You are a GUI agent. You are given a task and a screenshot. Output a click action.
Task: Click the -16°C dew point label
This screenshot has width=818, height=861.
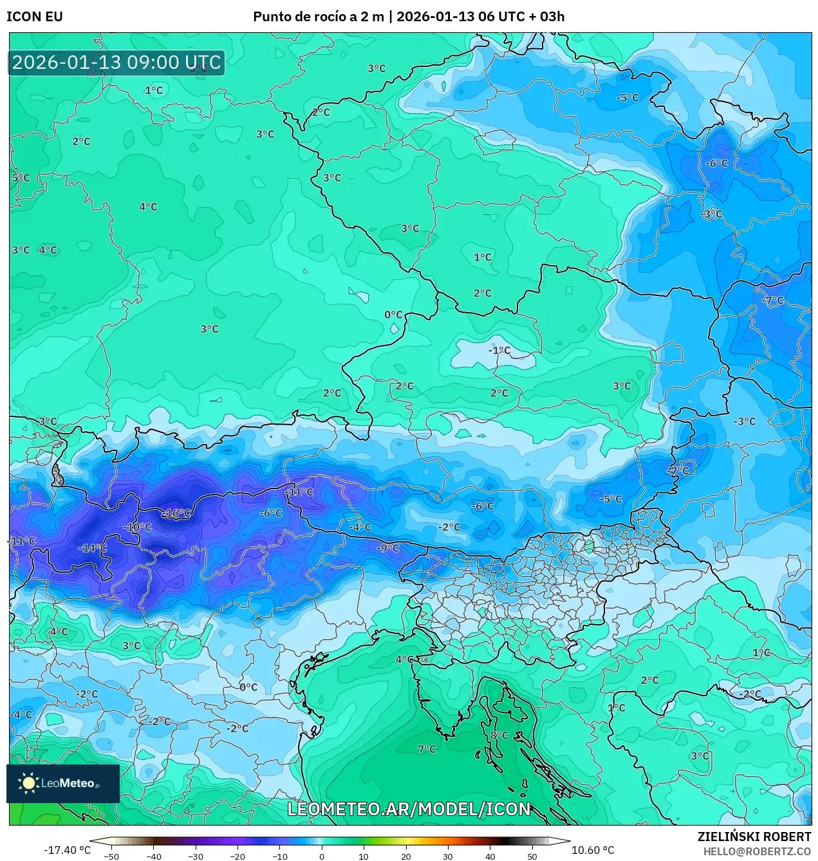click(176, 514)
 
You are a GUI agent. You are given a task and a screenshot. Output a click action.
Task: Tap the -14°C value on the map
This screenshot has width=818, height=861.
click(93, 548)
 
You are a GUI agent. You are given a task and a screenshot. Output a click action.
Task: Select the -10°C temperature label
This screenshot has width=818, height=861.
click(137, 527)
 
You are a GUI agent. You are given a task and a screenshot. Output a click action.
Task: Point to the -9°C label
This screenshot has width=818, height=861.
click(388, 548)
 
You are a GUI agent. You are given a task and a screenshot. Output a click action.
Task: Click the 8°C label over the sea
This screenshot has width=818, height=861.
click(499, 736)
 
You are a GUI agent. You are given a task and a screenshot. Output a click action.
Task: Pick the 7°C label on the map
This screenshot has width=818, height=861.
click(427, 749)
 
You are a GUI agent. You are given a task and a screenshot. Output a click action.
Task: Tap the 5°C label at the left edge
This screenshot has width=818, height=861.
click(21, 178)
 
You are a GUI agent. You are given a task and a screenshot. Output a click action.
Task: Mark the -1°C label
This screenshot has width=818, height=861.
click(499, 351)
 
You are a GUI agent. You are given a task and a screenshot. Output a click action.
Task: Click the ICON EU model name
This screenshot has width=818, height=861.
click(35, 17)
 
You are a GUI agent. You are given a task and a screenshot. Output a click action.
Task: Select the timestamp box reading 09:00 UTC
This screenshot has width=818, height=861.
click(116, 62)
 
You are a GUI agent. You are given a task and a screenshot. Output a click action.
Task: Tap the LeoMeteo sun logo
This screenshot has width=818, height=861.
click(28, 783)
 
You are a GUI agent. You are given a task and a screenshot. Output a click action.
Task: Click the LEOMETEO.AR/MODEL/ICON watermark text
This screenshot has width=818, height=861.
click(409, 809)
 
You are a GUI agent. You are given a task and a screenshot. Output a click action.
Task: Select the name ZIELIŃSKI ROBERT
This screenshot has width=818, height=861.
click(754, 837)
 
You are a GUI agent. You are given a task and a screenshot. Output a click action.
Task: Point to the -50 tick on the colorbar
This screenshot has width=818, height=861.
click(111, 856)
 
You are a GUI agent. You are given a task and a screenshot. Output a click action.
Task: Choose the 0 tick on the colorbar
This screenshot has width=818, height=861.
click(322, 856)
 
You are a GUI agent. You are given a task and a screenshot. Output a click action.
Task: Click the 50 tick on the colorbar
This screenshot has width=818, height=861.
click(532, 856)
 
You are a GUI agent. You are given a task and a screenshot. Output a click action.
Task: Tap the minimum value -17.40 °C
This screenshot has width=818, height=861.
click(67, 850)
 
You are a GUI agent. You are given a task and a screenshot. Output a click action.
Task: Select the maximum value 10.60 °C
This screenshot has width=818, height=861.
click(593, 850)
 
